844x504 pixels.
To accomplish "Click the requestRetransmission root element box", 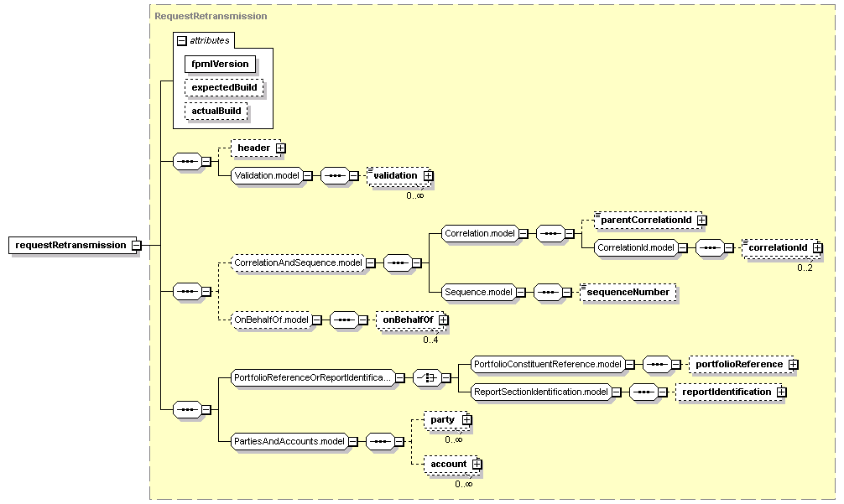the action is click(x=70, y=245).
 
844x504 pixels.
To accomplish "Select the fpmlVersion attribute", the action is click(x=220, y=64).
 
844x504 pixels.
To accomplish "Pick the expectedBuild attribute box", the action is click(x=224, y=88).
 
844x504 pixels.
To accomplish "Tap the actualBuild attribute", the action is click(x=216, y=112).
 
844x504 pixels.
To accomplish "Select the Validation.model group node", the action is click(x=267, y=175).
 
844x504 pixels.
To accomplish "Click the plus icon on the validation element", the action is click(x=428, y=175).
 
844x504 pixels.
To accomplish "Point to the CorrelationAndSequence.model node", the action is click(x=298, y=263).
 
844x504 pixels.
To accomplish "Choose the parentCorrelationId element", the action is click(x=647, y=220).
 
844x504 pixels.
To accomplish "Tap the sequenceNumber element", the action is click(x=628, y=292).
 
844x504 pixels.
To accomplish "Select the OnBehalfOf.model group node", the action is click(x=272, y=320).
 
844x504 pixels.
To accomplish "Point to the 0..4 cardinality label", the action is click(x=430, y=340).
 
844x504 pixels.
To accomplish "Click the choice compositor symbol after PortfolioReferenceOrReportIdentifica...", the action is click(x=427, y=378).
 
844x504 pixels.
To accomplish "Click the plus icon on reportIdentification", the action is click(x=782, y=392).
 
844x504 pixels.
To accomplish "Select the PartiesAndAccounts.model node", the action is click(x=289, y=442).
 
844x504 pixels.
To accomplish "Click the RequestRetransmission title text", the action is click(x=211, y=16).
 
